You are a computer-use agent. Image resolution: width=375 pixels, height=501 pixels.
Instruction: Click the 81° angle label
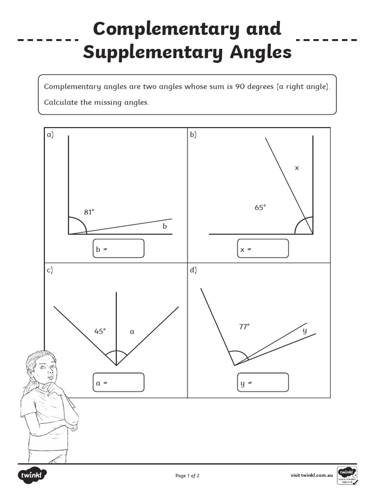89,212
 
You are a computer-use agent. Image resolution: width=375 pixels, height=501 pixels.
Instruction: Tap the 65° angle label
260,207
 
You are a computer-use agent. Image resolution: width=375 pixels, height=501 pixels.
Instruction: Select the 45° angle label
100,331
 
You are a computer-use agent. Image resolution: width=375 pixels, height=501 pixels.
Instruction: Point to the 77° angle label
244,326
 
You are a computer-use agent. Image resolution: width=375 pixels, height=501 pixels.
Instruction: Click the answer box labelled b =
119,248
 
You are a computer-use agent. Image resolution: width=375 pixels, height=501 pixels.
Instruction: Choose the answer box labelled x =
263,248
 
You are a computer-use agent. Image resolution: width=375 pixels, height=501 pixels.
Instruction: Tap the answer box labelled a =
119,382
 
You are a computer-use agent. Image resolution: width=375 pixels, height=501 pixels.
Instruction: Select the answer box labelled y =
263,382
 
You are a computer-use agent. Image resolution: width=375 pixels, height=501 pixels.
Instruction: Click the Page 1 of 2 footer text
187,475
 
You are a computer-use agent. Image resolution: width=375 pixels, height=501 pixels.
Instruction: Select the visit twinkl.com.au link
312,475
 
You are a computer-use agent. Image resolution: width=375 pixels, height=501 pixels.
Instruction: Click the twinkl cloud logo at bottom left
32,475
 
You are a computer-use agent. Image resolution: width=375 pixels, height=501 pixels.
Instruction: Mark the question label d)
193,270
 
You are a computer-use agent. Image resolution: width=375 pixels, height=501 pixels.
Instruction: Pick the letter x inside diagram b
296,168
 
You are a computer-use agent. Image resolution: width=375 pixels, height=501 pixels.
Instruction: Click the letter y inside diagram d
305,331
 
